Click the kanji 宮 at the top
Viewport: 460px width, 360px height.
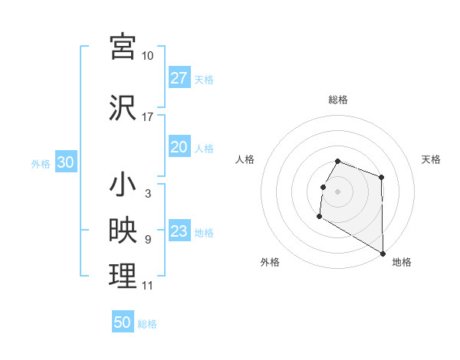click(x=123, y=47)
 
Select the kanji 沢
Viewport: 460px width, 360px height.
click(x=123, y=106)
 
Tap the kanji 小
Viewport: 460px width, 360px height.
click(x=123, y=185)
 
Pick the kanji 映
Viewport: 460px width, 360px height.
click(x=123, y=231)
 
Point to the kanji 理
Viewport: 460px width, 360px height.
click(x=123, y=275)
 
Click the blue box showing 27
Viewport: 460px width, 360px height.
click(x=179, y=78)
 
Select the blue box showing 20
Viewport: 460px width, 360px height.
click(x=179, y=147)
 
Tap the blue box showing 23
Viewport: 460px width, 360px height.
click(x=179, y=231)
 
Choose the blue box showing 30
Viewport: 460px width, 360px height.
click(x=65, y=163)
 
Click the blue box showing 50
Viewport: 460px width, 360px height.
click(x=123, y=322)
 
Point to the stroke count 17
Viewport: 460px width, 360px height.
click(x=148, y=117)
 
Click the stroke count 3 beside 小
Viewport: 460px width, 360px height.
click(x=147, y=194)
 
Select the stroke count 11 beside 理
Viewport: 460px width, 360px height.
click(x=147, y=286)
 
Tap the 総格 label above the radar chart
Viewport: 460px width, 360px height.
click(x=338, y=100)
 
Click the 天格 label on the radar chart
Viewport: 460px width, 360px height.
click(x=431, y=159)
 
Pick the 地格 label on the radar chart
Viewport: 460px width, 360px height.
click(x=402, y=262)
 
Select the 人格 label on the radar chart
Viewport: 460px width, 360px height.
click(x=245, y=159)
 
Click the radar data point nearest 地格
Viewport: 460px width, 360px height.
click(x=383, y=254)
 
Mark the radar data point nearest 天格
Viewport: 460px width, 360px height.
click(x=381, y=178)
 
